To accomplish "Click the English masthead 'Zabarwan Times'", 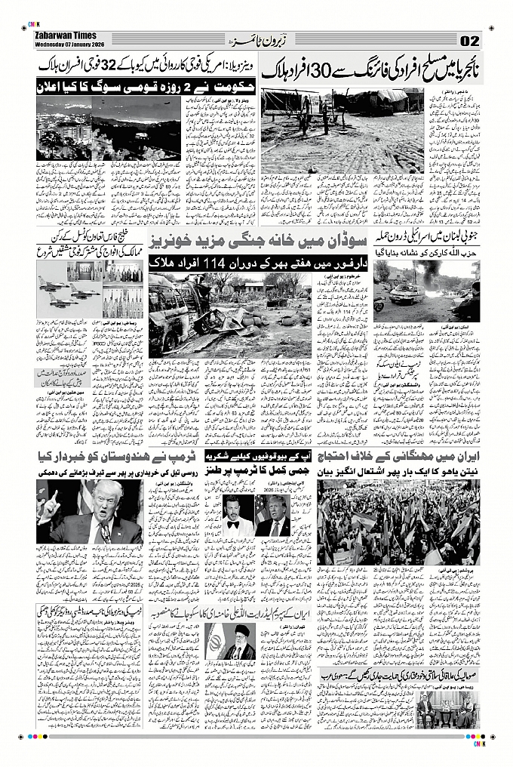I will (x=66, y=34).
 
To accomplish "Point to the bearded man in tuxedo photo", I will (x=240, y=516).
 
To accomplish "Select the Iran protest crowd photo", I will (x=398, y=522).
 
